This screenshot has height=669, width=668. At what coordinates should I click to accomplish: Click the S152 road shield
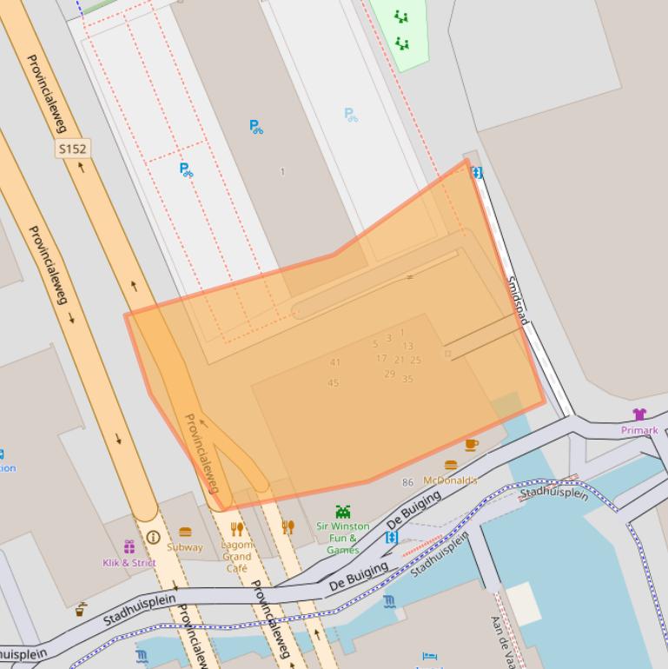pos(73,149)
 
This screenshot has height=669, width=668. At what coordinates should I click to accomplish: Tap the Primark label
pos(639,430)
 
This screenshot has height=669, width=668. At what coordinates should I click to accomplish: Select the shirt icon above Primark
pos(639,414)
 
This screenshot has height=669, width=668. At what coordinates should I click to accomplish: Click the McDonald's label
pos(450,480)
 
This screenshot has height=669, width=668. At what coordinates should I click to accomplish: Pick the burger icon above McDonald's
pos(450,466)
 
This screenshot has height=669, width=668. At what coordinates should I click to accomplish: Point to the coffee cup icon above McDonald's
pos(472,445)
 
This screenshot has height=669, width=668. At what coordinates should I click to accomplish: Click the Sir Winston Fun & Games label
pos(343,538)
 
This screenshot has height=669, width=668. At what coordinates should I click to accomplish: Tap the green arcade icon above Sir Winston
pos(343,512)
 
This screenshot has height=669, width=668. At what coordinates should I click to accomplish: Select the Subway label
pos(185,547)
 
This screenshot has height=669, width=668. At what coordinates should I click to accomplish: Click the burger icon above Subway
pos(185,532)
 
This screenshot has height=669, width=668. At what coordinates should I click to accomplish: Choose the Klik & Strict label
pos(129,562)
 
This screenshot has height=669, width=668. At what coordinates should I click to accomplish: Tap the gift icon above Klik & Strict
pos(129,546)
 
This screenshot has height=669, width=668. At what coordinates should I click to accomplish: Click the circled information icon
pos(153,538)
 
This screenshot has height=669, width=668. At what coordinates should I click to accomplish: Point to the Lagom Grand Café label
pos(236,556)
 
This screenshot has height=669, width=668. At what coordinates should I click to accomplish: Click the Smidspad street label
pos(517,301)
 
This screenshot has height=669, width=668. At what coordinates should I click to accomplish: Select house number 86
pos(408,482)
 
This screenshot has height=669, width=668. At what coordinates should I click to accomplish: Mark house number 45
pos(334,383)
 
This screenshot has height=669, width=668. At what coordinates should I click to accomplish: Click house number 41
pos(335,362)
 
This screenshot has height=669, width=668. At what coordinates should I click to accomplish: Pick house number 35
pos(407,379)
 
